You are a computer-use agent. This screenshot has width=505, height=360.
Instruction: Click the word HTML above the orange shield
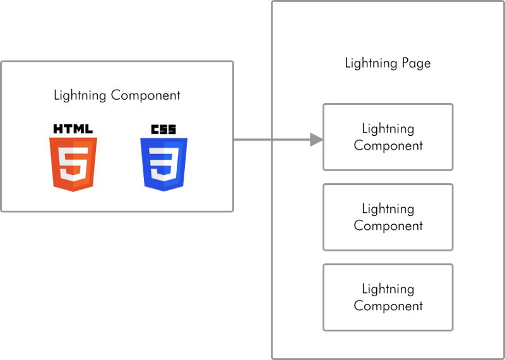pos(73,129)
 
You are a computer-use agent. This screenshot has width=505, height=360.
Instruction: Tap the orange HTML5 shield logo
pos(73,163)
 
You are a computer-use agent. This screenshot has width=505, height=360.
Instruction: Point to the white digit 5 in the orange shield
pos(73,164)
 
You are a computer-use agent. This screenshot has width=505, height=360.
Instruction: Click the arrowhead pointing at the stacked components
pos(314,135)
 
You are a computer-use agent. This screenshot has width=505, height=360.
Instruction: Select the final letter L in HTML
pos(89,129)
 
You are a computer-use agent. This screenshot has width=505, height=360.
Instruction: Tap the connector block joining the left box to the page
pos(252,180)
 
